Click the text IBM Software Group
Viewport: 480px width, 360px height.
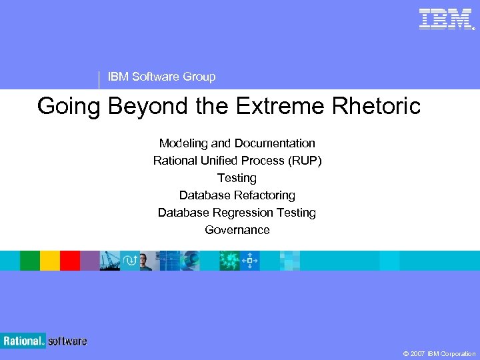[x=161, y=77]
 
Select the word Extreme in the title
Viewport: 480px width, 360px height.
[x=280, y=106]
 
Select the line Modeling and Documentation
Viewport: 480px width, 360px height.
[x=237, y=143]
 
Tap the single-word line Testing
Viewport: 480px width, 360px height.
[x=237, y=178]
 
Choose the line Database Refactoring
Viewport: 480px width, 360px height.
[x=237, y=195]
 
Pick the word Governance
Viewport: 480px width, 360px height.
[x=237, y=230]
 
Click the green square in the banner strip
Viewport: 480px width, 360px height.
[x=30, y=261]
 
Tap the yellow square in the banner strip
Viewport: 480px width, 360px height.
[x=50, y=261]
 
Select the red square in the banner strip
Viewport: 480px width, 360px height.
[x=70, y=261]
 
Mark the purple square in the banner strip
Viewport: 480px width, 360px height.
[x=89, y=261]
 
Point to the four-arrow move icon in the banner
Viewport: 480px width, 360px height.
[x=249, y=261]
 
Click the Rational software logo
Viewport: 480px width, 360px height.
[x=44, y=341]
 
